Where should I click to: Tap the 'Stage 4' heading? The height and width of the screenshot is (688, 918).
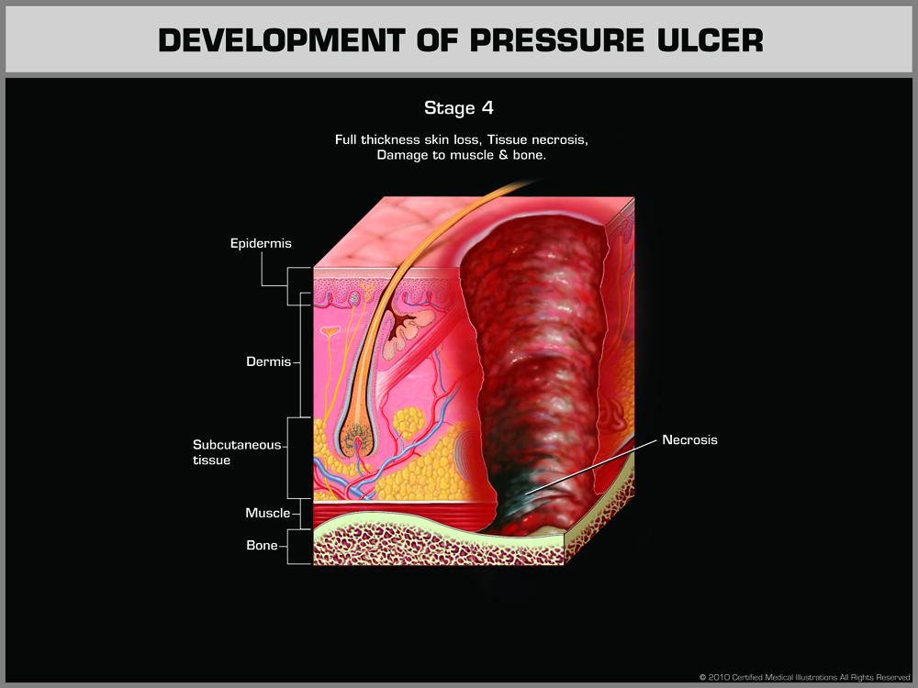click(x=459, y=108)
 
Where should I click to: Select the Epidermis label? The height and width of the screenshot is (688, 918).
click(x=261, y=243)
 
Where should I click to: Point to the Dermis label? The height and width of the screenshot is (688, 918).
click(x=268, y=361)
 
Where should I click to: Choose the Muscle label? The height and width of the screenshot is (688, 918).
click(x=267, y=513)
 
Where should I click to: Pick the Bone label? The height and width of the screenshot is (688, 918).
click(x=262, y=546)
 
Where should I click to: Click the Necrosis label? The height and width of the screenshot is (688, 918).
click(x=689, y=440)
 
